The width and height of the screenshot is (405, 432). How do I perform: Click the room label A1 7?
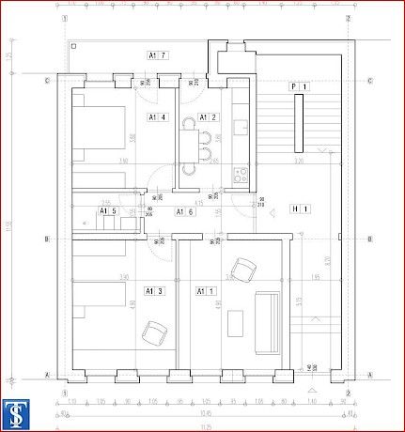coord(157,56)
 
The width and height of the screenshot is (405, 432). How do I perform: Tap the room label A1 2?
coord(208,117)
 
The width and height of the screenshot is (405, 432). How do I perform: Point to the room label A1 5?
coord(108,212)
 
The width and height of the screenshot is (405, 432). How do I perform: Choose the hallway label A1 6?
coord(185,212)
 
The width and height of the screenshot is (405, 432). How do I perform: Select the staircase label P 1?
coord(299,86)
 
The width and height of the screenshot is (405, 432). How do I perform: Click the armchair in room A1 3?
coord(153,332)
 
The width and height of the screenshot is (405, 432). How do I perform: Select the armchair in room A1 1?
coord(243,269)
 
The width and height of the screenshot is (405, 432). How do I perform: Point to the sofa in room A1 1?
coord(267,316)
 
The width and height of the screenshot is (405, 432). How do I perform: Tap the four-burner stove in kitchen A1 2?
coord(239,173)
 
